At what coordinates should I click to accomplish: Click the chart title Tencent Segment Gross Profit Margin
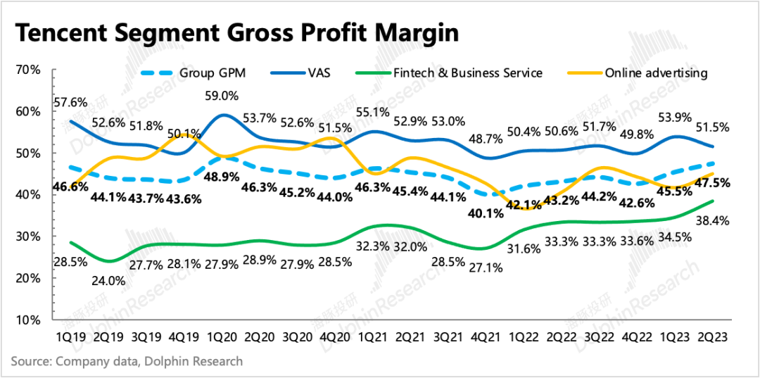pos(236,32)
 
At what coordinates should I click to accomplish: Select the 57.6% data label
pos(68,101)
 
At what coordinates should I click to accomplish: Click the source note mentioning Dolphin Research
pos(127,361)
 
